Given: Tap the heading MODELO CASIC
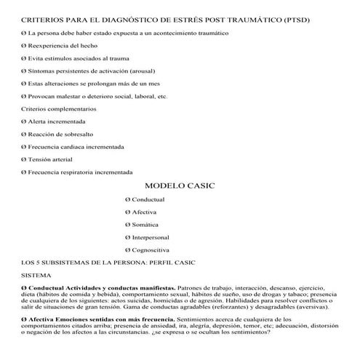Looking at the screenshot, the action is (180, 186).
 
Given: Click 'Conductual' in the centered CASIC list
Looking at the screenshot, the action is (148, 199).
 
